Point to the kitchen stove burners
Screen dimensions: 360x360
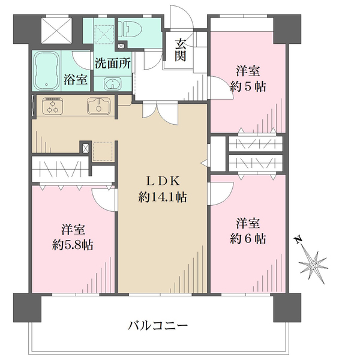tap(53, 106)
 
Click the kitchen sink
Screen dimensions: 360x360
tap(98, 106)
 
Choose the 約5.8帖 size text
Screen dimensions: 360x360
tap(72, 245)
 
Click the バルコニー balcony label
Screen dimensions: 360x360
tap(158, 326)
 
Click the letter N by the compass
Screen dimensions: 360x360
tap(297, 241)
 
